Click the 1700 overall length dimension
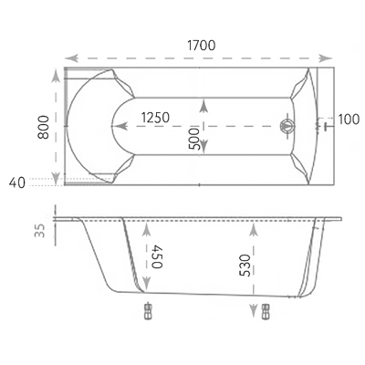pyautogui.click(x=201, y=46)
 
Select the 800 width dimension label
pyautogui.click(x=43, y=127)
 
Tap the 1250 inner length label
pyautogui.click(x=155, y=118)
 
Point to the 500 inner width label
pyautogui.click(x=194, y=139)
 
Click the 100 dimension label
pyautogui.click(x=349, y=120)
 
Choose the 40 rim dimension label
pyautogui.click(x=17, y=182)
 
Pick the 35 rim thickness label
pyautogui.click(x=40, y=231)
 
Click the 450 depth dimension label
pyautogui.click(x=157, y=256)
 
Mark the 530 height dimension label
pyautogui.click(x=245, y=266)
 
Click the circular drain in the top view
pyautogui.click(x=287, y=126)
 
